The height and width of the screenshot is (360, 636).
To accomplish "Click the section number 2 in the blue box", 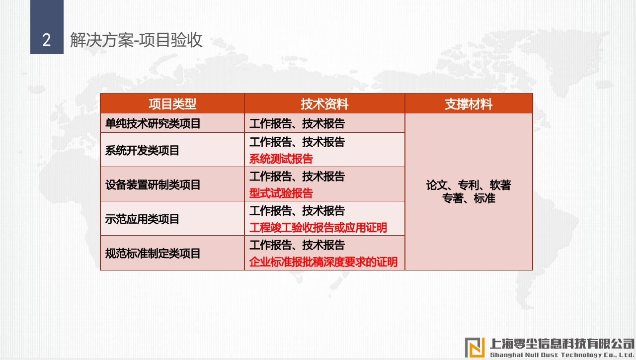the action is point(47,40).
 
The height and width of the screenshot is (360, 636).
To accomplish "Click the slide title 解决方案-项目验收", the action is point(136,40).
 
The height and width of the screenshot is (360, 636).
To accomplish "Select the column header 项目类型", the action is point(172,104).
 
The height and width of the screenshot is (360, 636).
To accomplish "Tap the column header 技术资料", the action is point(324,104).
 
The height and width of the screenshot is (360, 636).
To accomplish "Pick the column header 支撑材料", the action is point(469,104).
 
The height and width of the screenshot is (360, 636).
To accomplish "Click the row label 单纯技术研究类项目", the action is point(153,124).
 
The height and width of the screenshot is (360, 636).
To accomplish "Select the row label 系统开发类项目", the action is point(142,150).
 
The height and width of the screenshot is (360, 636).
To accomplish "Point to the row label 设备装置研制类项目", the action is point(153,184).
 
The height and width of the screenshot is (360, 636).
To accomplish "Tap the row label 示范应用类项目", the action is point(142,219).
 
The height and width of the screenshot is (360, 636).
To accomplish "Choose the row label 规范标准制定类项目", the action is point(153,254).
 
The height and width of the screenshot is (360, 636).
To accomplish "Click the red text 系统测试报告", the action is point(281,159).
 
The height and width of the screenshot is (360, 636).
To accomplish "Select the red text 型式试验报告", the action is point(281,193).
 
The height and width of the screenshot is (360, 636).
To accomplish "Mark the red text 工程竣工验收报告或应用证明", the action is point(318,228).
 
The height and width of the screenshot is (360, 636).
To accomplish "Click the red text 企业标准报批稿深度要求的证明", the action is point(323,262).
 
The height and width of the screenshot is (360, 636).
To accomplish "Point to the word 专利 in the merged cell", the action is point(468,185).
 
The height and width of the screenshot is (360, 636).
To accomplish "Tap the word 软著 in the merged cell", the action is point(500,185).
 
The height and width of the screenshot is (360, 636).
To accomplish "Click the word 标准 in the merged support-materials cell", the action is point(484,198).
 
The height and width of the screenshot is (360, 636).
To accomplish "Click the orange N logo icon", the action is point(475,347).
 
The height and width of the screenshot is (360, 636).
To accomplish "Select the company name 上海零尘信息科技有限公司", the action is point(562,344).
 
